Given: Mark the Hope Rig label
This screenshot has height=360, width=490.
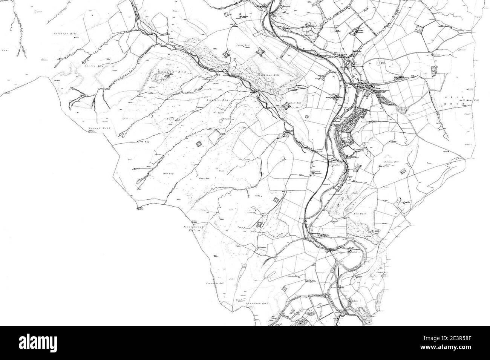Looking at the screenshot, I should click(204, 179).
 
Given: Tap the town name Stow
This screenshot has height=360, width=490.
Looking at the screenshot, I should click(378, 89).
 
